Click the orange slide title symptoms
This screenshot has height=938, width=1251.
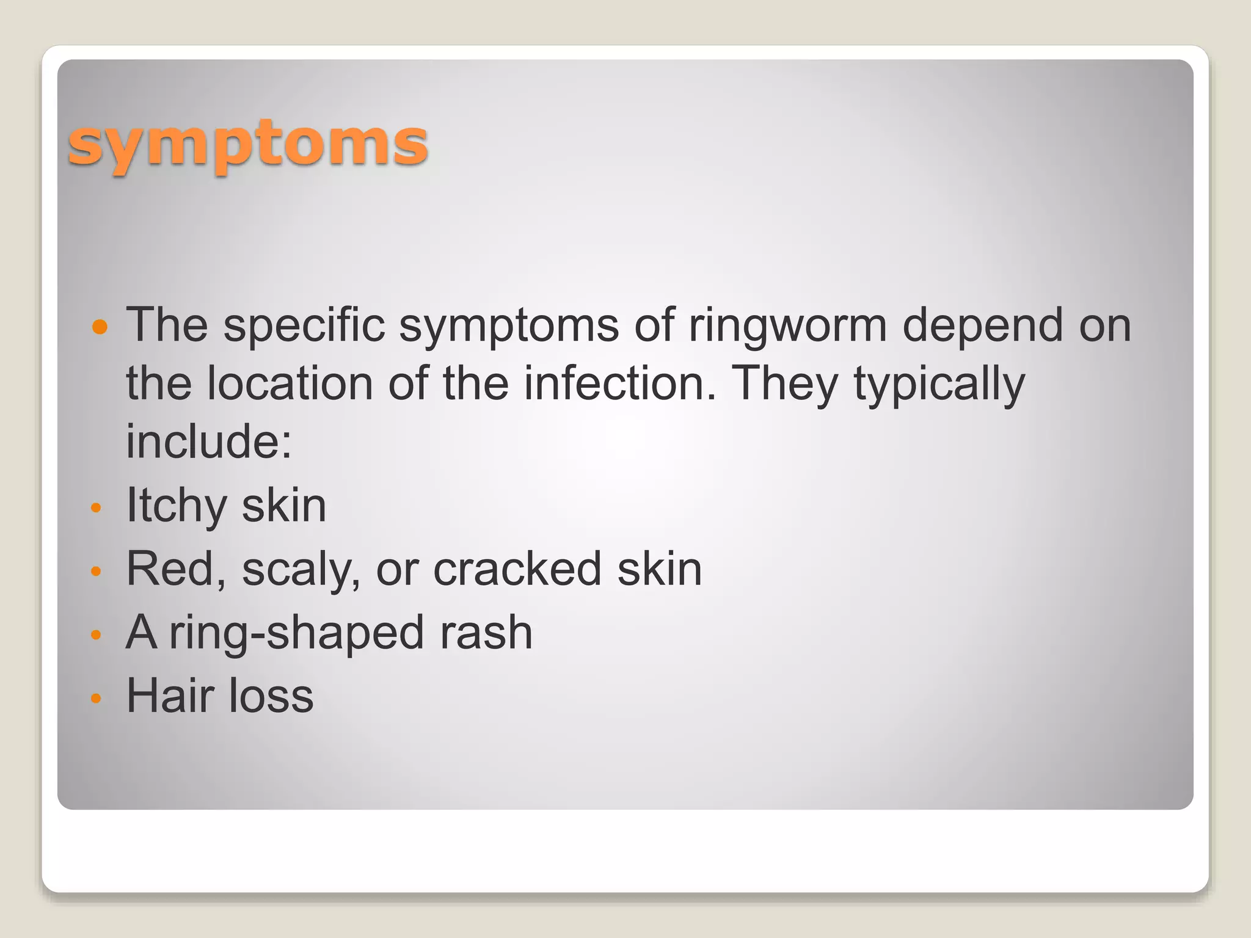[247, 145]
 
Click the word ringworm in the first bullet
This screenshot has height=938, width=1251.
[787, 325]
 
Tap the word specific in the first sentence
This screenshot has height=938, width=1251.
[304, 325]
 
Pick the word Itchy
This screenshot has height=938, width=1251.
[177, 506]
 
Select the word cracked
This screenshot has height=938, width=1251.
[517, 569]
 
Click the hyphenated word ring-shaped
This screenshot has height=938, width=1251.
[296, 633]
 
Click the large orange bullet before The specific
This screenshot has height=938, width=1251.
[100, 327]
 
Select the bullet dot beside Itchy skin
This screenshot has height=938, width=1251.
[95, 507]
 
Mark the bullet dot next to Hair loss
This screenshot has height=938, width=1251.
[95, 697]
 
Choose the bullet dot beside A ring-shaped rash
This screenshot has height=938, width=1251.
[95, 634]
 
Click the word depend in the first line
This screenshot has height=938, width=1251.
[983, 325]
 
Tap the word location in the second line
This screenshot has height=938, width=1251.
[290, 384]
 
